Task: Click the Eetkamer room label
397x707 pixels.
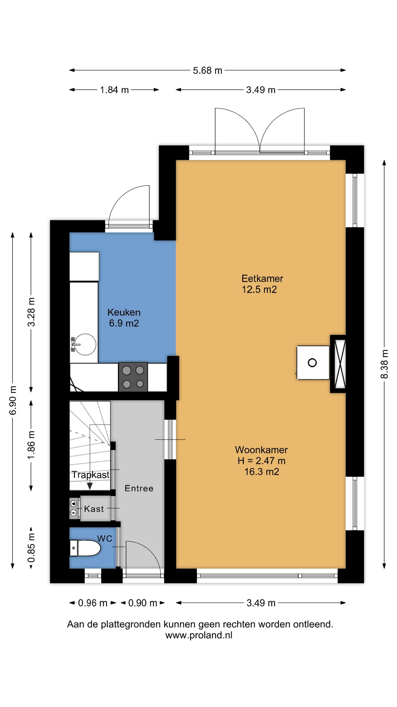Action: point(262,278)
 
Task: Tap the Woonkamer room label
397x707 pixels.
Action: point(261,450)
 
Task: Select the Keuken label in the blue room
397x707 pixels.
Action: point(124,312)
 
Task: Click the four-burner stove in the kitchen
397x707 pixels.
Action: point(133,377)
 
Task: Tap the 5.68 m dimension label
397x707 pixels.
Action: point(207,71)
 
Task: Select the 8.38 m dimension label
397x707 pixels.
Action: point(385,364)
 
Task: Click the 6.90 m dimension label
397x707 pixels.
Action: point(13,400)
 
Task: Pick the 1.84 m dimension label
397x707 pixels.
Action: point(114,90)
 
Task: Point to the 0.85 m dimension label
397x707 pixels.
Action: point(31,548)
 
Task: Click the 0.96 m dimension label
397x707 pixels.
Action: point(93,603)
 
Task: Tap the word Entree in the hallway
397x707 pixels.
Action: point(139,488)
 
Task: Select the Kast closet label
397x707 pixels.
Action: point(94,509)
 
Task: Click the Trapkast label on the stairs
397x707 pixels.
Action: point(91,475)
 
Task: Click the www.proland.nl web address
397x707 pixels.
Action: point(199,635)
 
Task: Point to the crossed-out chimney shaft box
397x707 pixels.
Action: point(340,364)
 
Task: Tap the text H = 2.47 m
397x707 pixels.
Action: point(261,461)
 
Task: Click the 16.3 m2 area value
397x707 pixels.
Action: point(262,471)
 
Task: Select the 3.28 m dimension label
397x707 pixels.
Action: point(31,312)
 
